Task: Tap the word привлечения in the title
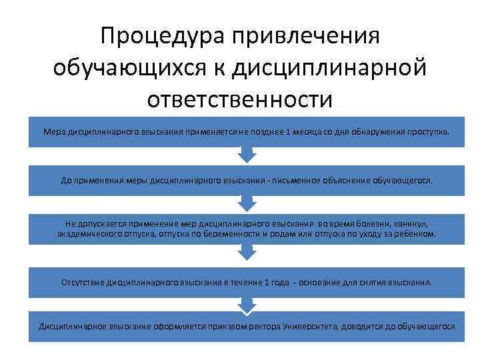coord(304,37)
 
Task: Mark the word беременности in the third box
coord(235,235)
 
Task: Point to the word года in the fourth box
coord(277,282)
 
